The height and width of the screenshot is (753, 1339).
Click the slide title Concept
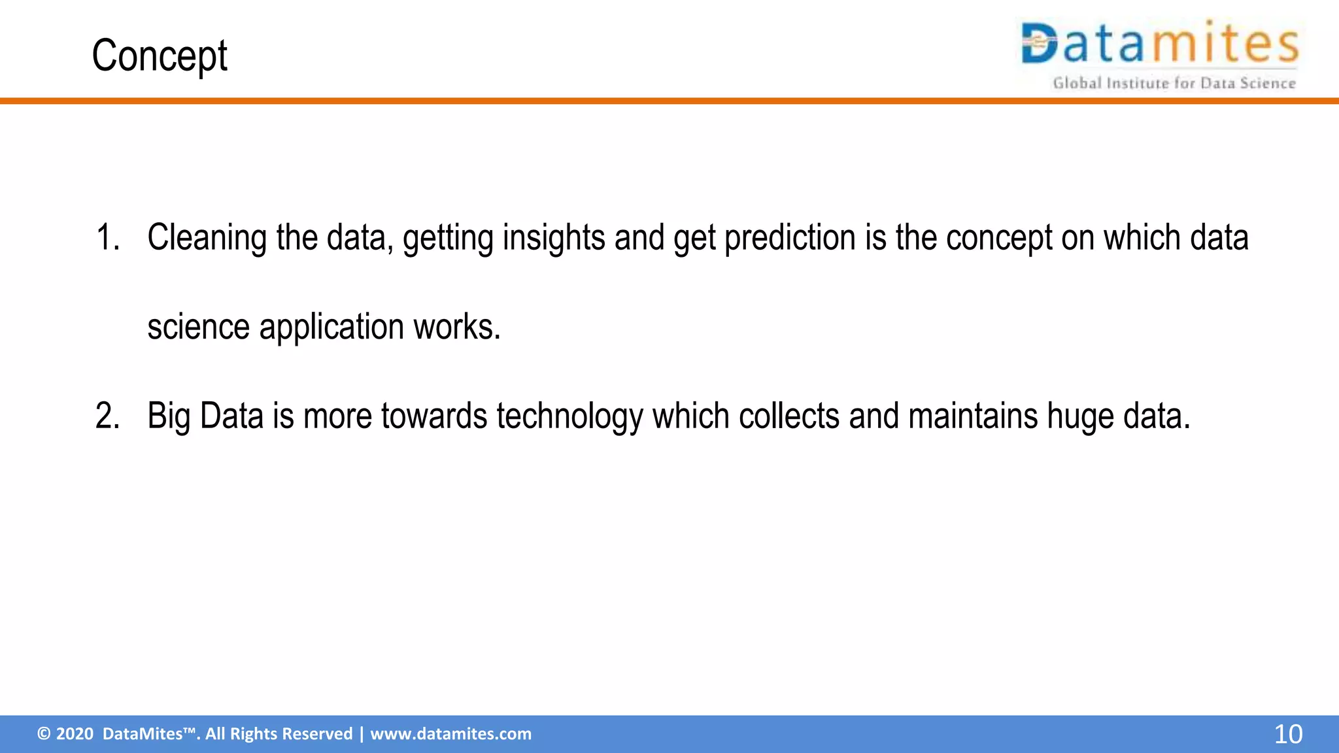point(159,56)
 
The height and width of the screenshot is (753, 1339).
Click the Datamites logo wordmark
point(1159,43)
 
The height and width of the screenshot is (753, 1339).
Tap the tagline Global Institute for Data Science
point(1174,83)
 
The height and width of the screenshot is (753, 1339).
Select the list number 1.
point(107,237)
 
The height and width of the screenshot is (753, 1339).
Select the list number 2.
point(107,416)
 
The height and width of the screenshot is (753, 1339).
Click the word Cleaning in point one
point(207,237)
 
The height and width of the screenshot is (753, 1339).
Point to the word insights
point(553,237)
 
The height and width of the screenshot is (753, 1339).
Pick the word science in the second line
point(198,327)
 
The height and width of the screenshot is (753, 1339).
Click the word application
point(331,327)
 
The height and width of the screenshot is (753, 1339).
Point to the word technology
point(569,417)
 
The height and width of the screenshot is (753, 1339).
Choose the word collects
point(788,416)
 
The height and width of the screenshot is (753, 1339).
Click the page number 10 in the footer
point(1287,734)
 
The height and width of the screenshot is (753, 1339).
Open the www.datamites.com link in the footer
point(450,734)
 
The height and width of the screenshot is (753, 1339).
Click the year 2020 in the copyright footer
point(75,734)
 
